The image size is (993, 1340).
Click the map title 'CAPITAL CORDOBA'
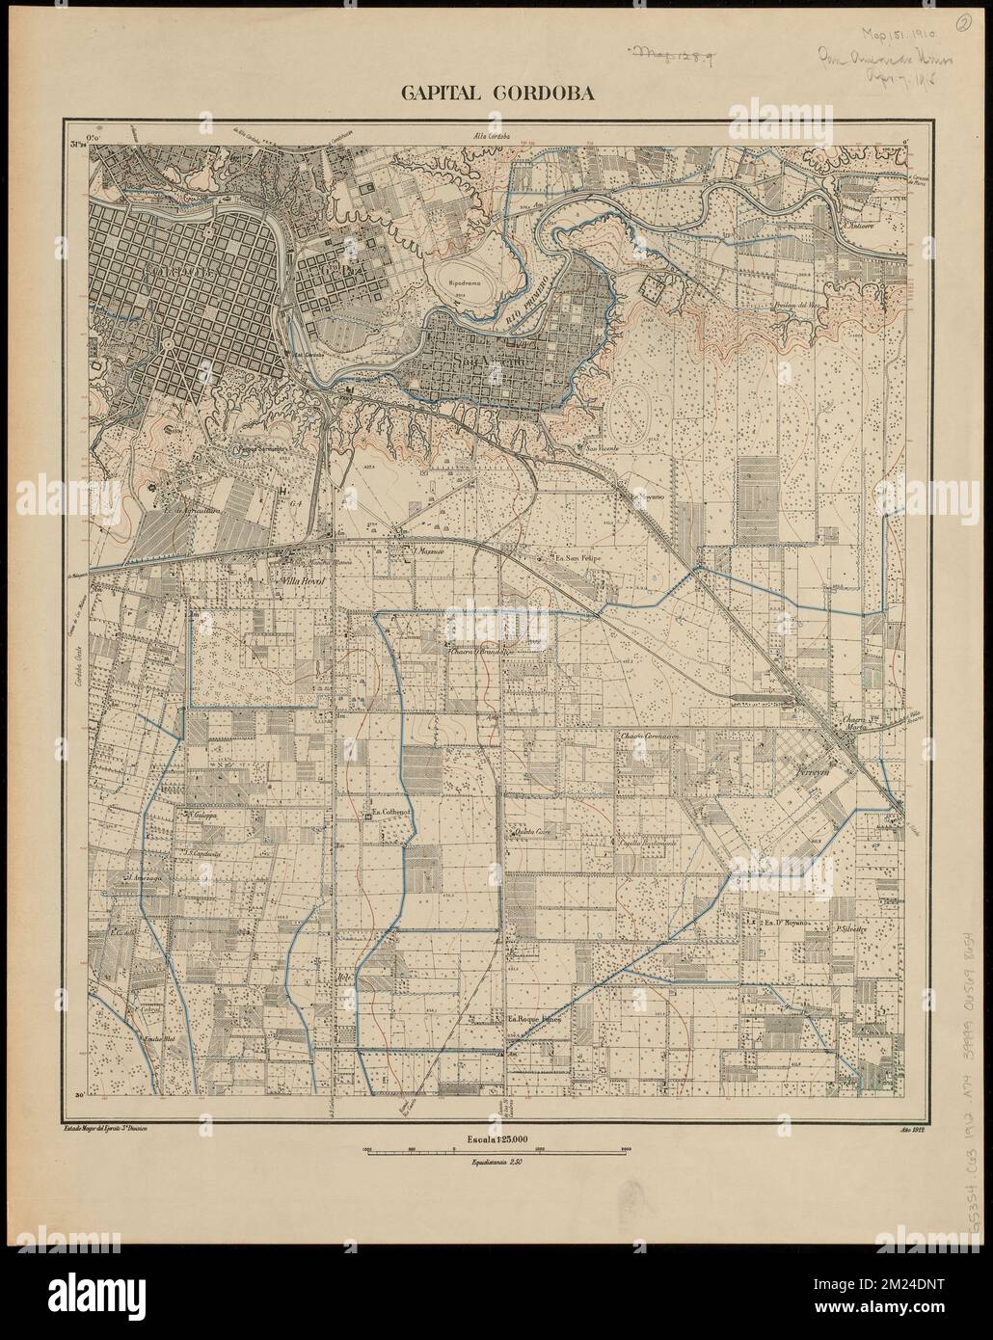[496, 94]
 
